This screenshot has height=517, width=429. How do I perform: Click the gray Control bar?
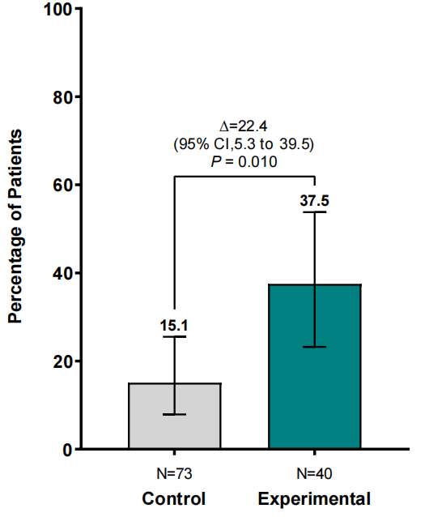(x=175, y=416)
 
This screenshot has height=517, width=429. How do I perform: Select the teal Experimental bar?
(x=315, y=366)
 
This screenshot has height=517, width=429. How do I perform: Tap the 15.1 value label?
(x=174, y=326)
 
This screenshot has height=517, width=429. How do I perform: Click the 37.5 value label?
(x=314, y=200)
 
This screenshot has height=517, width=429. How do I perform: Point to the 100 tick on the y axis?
(x=58, y=9)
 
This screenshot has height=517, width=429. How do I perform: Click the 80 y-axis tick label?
(x=62, y=97)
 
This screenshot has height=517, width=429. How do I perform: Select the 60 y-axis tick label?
(x=62, y=186)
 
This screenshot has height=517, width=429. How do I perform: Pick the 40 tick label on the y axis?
(x=62, y=273)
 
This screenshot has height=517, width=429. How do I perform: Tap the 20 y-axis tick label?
(x=62, y=361)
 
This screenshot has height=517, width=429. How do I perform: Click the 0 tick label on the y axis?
(x=67, y=450)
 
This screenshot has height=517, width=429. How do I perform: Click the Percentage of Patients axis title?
(x=15, y=226)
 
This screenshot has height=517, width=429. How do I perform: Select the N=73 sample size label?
(x=174, y=474)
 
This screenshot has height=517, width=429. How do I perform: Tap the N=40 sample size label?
(x=314, y=474)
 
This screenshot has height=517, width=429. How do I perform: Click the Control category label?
(x=174, y=498)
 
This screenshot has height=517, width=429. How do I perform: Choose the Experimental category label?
(x=314, y=498)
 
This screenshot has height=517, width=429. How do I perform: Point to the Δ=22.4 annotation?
(x=244, y=126)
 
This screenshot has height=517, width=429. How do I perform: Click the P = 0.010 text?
(x=244, y=161)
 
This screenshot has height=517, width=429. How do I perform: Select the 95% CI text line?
(x=244, y=144)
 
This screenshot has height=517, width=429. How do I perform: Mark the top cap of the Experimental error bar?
(x=315, y=211)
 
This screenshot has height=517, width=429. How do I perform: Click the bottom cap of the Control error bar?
(x=175, y=414)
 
